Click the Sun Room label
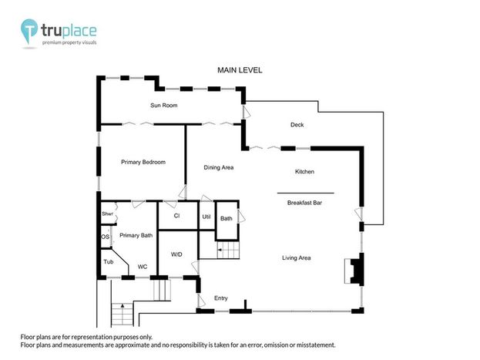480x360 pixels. coord(164,106)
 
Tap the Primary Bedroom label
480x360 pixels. coord(143,162)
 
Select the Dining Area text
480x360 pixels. coord(219,167)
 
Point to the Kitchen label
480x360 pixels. coord(304,172)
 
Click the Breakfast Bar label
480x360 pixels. coord(304,203)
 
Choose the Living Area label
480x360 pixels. coord(297,258)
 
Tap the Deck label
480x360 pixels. coord(297,125)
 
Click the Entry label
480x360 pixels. coord(220,298)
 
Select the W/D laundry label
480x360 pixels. coord(176,254)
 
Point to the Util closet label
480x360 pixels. coord(206,217)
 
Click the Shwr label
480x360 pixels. coord(107,214)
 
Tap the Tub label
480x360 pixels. coord(109,261)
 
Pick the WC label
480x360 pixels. coord(143,267)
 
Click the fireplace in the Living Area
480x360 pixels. coord(354,271)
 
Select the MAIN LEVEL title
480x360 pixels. coord(240,70)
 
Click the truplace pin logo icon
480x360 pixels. coord(29,31)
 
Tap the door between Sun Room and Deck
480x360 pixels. coord(246,112)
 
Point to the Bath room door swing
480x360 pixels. coord(241,216)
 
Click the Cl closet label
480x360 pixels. coord(176,216)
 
